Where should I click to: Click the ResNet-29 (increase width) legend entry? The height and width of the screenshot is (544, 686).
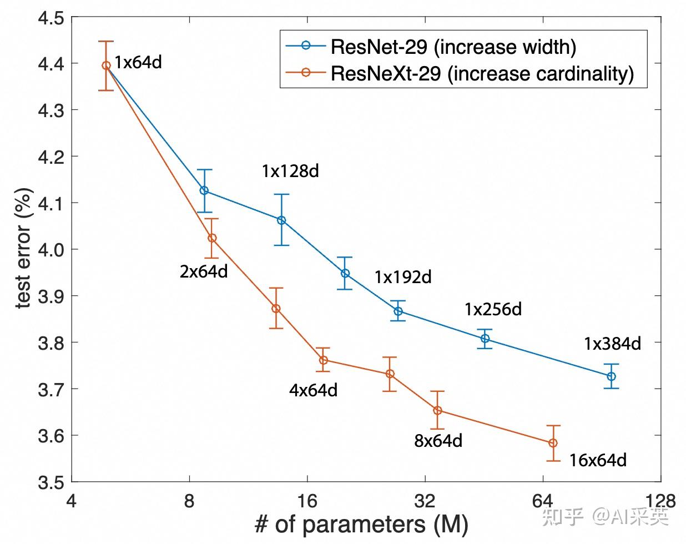(453, 47)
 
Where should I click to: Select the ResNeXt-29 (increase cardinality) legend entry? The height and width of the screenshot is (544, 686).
(482, 73)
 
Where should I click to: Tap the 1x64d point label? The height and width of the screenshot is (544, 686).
(138, 62)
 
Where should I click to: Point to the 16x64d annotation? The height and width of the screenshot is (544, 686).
(598, 460)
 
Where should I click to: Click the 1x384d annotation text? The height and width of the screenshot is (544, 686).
(612, 344)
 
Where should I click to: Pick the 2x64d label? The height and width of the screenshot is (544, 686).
(204, 272)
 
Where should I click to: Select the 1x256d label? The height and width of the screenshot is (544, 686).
(493, 309)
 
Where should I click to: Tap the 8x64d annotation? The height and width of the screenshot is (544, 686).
(438, 441)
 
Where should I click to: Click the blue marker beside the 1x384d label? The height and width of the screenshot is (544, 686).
(611, 376)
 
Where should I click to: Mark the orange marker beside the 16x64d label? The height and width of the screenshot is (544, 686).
(553, 443)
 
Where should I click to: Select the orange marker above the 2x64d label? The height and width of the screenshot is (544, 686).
(212, 238)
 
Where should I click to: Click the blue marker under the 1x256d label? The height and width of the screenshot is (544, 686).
(485, 338)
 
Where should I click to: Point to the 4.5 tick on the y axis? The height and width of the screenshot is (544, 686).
(51, 18)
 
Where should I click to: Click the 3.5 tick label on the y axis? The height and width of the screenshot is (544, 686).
(51, 482)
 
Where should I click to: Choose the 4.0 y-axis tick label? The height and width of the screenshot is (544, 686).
(51, 250)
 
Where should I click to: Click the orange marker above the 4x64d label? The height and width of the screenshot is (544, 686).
(324, 360)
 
